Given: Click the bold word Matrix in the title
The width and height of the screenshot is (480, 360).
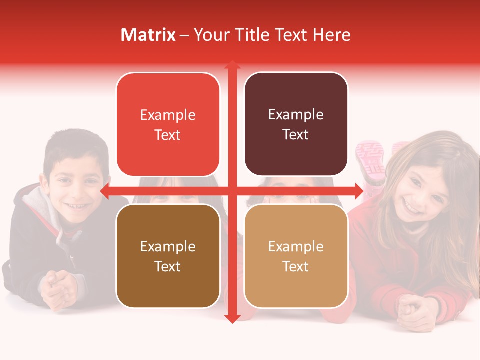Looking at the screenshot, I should click(x=148, y=35).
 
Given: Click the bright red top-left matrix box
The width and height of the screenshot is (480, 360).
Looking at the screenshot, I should click(x=168, y=125).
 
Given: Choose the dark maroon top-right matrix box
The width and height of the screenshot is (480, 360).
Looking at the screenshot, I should click(x=296, y=124).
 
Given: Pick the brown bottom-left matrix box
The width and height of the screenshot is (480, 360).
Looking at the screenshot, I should click(x=168, y=256).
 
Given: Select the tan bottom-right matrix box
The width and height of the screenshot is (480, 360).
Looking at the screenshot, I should click(x=296, y=256).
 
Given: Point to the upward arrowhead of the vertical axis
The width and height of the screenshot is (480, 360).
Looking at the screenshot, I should click(x=232, y=65).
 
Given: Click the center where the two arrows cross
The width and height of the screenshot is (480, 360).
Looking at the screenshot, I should click(x=232, y=190).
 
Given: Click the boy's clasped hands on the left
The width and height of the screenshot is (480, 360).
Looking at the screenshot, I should click(x=58, y=287).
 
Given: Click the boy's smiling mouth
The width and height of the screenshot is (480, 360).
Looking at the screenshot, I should click(x=76, y=205).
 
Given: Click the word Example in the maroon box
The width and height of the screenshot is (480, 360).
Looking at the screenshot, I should click(x=296, y=115).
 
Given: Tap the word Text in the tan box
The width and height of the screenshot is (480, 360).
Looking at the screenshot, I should click(x=296, y=266).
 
